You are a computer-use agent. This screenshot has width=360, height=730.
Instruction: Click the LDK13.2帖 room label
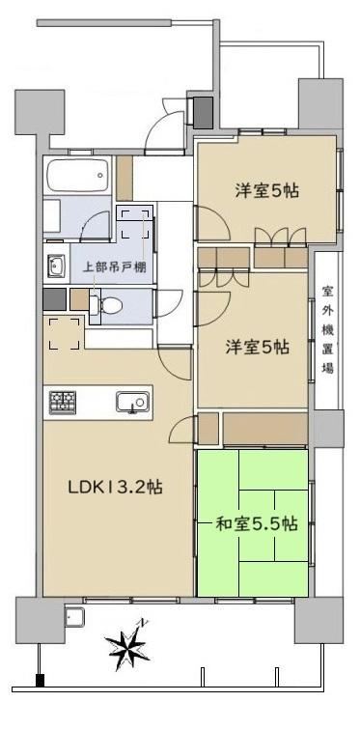115,488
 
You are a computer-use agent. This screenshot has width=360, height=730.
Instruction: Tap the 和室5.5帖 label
257,524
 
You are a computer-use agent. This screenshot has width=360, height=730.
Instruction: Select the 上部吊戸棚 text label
115,267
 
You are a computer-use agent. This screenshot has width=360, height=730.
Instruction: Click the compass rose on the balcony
126,645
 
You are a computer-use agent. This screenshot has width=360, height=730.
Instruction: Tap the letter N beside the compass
144,622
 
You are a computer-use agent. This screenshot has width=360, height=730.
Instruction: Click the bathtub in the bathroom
77,175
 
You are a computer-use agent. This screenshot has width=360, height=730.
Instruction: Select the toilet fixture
105,305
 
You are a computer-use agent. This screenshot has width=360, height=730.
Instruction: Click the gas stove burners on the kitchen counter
63,403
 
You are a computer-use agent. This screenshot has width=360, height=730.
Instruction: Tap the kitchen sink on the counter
132,403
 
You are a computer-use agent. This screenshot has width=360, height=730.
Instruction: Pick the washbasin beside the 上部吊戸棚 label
56,267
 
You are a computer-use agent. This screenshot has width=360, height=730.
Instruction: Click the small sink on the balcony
74,618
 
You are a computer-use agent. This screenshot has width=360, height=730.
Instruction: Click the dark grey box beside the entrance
203,113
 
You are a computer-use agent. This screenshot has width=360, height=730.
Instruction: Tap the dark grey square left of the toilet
54,299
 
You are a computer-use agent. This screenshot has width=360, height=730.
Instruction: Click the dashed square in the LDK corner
65,333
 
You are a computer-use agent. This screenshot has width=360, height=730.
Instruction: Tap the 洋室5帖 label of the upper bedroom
266,191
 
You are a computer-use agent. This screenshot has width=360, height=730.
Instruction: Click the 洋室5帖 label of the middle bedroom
257,348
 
